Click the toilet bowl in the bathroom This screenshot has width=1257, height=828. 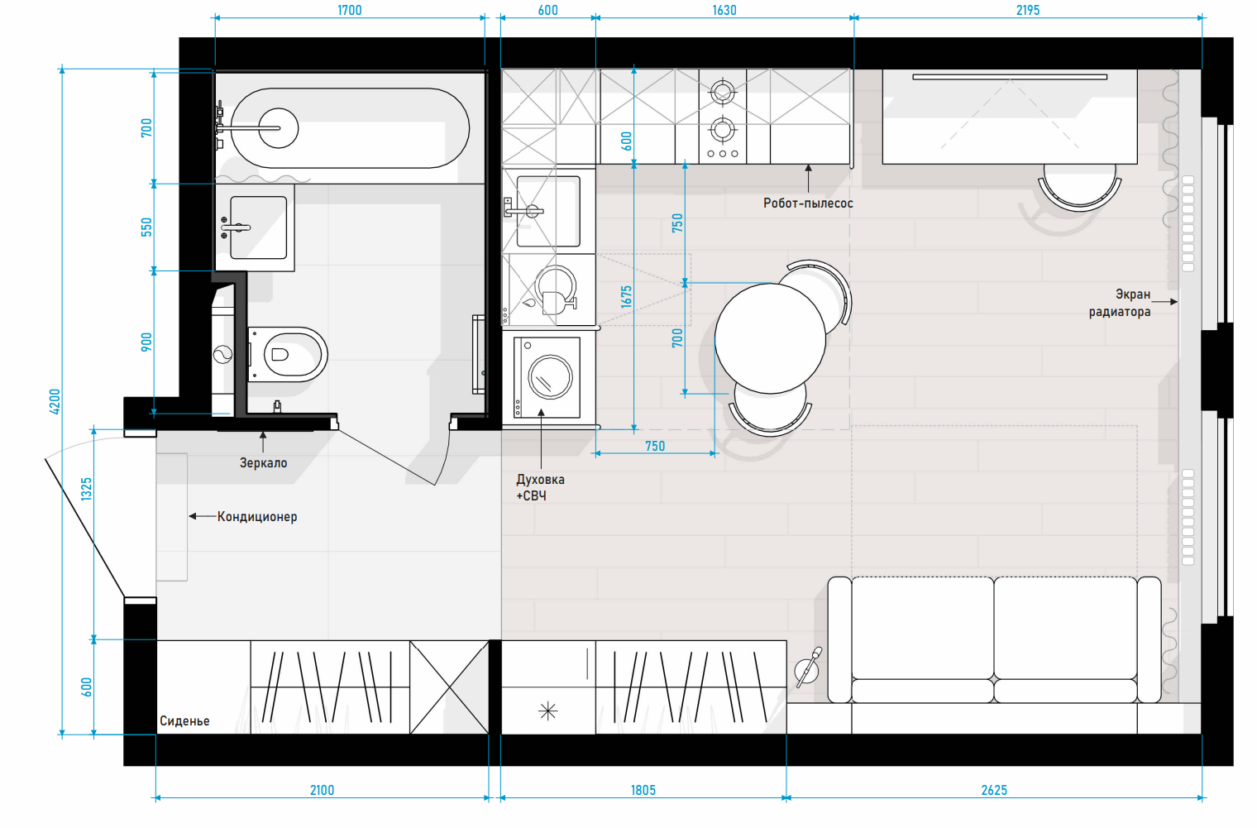pos(287,355)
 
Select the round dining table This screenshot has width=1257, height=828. pos(770,338)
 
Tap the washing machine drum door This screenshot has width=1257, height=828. pos(550,377)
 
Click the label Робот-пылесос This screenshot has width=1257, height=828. pos(808,203)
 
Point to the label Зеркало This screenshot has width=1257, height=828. pos(263,463)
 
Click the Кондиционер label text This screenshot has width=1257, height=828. pos(257,516)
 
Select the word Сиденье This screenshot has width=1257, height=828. pos(184,720)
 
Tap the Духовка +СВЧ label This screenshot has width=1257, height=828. pos(540,487)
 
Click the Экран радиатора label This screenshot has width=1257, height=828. pos(1120,303)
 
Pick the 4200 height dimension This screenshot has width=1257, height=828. pos(55,401)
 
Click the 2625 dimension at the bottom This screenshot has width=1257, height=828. pos(994,791)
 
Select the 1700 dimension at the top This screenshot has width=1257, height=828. pos(349,10)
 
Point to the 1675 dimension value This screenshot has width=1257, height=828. pos(627,297)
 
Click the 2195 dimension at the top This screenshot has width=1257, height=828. pos(1027,10)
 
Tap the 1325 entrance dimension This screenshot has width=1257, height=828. pos(86,489)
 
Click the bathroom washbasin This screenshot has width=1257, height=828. pos(258,227)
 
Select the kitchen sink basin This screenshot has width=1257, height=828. pos(548,212)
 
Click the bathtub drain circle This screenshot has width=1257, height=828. pos(279,128)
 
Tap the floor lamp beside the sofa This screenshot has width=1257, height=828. pos(808,668)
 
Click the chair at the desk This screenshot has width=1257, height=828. pos(1079,186)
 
